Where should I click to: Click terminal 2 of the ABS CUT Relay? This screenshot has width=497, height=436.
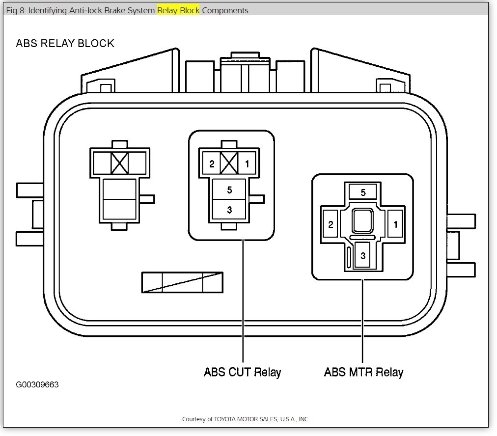(x=212, y=164)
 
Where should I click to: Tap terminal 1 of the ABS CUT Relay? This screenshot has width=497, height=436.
(x=247, y=164)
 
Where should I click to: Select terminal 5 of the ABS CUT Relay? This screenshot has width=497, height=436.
(x=229, y=190)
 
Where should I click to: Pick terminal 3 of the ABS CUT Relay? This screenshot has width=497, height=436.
(x=229, y=210)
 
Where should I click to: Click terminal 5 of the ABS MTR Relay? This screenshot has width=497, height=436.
(x=363, y=192)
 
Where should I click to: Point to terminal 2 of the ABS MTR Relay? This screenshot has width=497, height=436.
(x=331, y=224)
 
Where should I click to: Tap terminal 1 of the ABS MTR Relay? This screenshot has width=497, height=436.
(x=395, y=224)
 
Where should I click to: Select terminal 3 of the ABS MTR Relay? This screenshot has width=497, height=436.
(x=362, y=255)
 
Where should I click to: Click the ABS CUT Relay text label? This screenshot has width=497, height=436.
(x=242, y=372)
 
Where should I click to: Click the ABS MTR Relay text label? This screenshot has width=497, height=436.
(x=363, y=372)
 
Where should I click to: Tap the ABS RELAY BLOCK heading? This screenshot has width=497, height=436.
(x=65, y=43)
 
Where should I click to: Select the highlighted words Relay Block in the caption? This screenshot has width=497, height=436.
(x=178, y=10)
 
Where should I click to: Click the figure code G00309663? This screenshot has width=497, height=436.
(x=37, y=384)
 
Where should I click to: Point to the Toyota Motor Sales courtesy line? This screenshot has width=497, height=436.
(x=246, y=419)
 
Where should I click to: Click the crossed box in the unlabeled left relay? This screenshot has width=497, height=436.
(x=119, y=163)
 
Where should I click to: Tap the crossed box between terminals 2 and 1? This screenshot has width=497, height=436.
(x=229, y=163)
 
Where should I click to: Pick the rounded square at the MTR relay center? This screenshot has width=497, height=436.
(x=362, y=220)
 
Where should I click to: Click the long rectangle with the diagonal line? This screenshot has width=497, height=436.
(x=182, y=282)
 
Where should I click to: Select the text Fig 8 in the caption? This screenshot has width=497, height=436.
(x=15, y=10)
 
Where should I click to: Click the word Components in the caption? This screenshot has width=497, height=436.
(x=225, y=10)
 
